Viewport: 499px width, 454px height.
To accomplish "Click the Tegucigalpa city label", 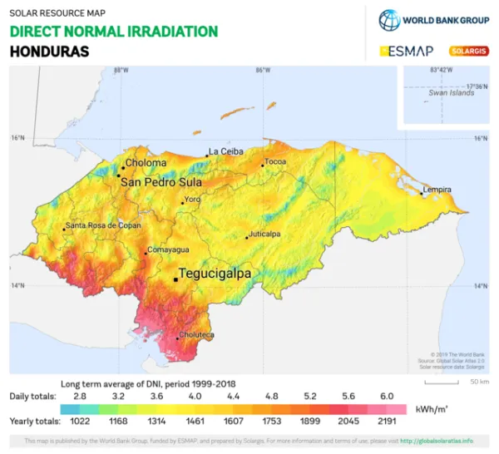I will tap(215, 274).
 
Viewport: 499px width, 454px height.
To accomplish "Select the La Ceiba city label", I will tap(226, 151).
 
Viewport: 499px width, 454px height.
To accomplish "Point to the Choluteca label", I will tap(197, 335).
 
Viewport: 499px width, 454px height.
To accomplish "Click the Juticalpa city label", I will tap(264, 234).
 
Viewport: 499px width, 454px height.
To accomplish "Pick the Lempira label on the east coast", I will tap(437, 190).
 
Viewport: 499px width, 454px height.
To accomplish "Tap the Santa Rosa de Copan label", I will tap(104, 226).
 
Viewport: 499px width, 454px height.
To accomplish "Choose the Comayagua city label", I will tap(169, 249).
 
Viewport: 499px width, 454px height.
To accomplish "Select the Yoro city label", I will tap(194, 200).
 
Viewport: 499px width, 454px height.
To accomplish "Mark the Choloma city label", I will tap(146, 163).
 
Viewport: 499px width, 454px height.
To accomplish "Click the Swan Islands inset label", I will tap(451, 93).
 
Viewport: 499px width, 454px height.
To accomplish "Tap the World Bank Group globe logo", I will tap(389, 20).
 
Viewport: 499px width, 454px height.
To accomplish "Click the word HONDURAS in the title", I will tap(49, 51).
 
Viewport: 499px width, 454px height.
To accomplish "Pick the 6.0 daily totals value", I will tap(387, 397).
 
